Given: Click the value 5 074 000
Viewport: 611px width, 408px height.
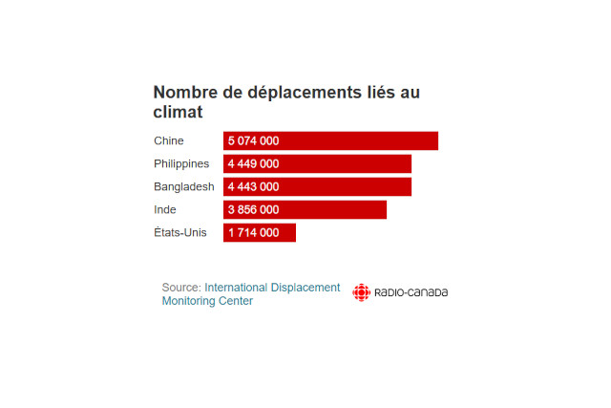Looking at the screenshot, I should point(253,140).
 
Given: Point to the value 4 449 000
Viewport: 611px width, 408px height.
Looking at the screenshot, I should point(253,163).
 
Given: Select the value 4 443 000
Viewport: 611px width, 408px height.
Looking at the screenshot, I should point(253,186).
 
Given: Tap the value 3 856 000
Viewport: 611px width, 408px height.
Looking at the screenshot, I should point(253,209).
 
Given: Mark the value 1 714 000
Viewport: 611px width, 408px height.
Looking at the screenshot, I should point(253,232).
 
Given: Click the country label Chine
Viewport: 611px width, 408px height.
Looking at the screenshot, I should point(169,140).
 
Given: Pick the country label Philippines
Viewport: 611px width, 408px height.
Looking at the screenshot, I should point(181,163).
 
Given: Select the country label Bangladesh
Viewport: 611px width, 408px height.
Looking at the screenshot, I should point(184,186).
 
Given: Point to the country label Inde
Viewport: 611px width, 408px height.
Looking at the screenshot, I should point(165,209).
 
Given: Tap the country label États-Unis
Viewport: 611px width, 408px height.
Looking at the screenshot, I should point(180,232).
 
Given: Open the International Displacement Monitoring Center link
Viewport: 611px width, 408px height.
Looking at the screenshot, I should point(271,287).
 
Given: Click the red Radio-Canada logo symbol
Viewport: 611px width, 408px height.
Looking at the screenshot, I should point(361,292).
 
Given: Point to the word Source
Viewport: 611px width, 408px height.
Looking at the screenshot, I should point(180,287).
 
